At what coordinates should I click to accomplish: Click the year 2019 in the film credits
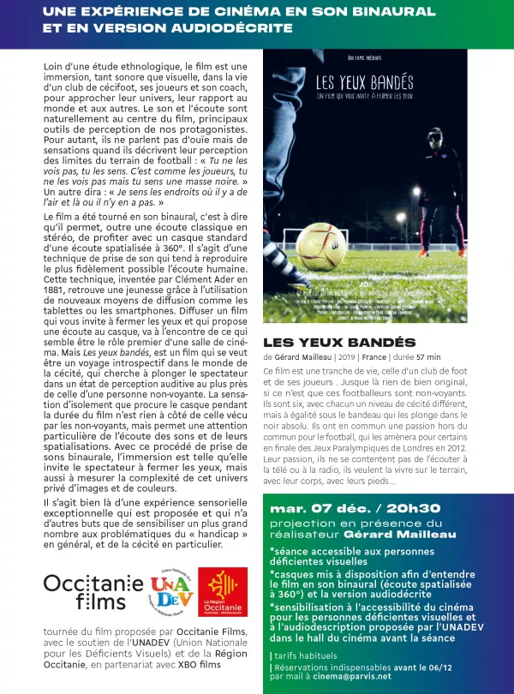tap(345, 356)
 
